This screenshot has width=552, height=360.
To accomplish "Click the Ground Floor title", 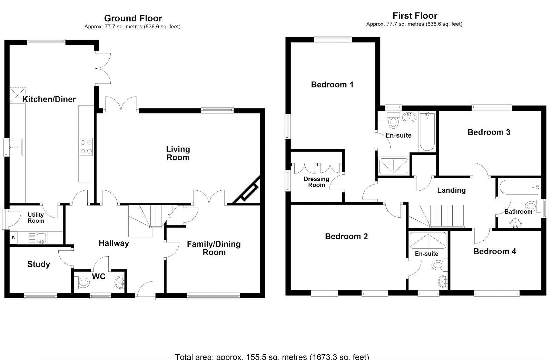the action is tap(133, 18).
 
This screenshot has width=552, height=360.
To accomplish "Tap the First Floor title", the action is tap(415, 16).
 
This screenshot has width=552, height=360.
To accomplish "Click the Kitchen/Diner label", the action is tap(49, 99).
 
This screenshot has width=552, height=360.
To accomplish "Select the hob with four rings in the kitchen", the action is tap(86, 147).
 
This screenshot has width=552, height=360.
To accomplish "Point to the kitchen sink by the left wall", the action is tap(16, 148).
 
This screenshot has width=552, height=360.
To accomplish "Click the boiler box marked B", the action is tap(13, 238).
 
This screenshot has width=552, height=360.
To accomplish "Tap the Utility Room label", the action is tap(36, 218).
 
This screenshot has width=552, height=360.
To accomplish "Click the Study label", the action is tap(39, 264).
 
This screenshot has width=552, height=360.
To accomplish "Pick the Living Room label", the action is tap(178, 153).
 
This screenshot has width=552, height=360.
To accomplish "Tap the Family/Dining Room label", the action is tap(214, 248).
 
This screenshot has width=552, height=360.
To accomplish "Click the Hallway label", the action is tap(114, 243).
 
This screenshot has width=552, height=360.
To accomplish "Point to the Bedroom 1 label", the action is tap(332, 85).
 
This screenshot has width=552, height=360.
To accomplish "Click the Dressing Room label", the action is tap(316, 182).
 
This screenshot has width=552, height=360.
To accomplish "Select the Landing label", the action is tap(452, 190).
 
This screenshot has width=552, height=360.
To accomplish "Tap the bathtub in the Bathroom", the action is tap(519, 187).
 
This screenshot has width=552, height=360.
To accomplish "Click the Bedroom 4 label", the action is tap(495, 251).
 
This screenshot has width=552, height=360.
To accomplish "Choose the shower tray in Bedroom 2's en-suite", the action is tap(428, 240).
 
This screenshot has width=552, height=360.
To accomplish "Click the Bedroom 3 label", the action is tap(489, 132).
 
